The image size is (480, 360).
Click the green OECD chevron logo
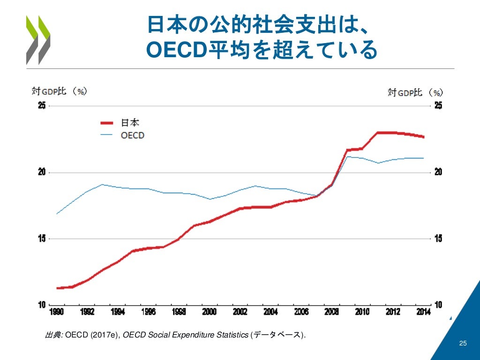pos(38,40)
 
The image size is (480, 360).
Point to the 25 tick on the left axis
pos(42,106)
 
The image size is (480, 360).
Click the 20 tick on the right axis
pos(438,172)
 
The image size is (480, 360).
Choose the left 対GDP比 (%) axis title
pos(59,91)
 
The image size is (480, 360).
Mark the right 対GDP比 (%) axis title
pos(415,92)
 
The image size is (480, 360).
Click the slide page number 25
pos(463,345)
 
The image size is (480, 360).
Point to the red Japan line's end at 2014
pos(424,137)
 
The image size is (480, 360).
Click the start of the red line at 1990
pos(57,288)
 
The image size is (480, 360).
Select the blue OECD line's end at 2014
pos(424,158)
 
